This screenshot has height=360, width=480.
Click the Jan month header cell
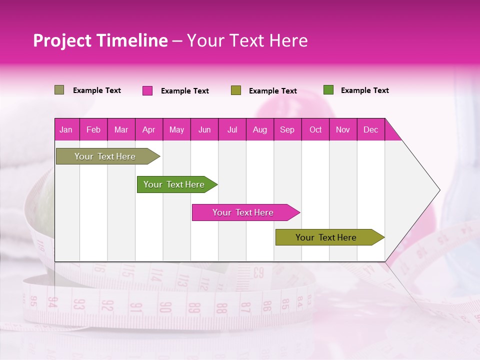pos(66,129)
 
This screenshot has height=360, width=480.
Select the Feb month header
pos(93,129)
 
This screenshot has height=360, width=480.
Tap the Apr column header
pos(149,129)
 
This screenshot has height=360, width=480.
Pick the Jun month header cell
pos(204,129)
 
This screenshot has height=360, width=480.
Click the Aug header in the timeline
pos(260,129)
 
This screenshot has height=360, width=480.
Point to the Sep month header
pos(287,129)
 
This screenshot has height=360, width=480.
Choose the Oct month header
pos(315,129)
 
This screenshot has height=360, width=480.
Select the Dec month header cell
pos(371,129)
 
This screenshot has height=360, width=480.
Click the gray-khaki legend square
pos(59,90)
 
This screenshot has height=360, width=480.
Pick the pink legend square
pos(147,90)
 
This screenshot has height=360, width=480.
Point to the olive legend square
pos(236,90)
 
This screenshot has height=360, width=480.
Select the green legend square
pos(328,90)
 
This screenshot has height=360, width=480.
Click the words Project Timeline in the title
pos(100,40)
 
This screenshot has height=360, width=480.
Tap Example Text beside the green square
pos(364,90)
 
